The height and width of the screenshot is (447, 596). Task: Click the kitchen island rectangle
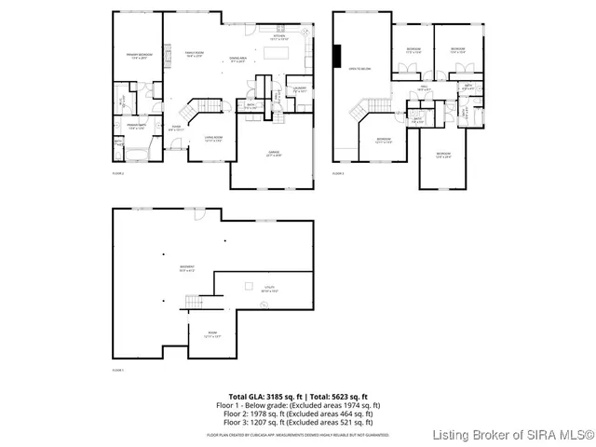(276, 55)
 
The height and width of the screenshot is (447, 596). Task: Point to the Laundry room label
(300, 89)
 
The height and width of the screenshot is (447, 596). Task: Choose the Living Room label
(213, 139)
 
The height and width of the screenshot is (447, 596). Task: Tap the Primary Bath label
(137, 126)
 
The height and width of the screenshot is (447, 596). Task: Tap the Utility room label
(269, 290)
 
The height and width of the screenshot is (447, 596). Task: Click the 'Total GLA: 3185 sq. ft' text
(264, 397)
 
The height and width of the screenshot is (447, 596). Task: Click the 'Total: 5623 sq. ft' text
(337, 397)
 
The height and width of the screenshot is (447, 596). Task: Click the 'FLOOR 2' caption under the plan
(118, 173)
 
